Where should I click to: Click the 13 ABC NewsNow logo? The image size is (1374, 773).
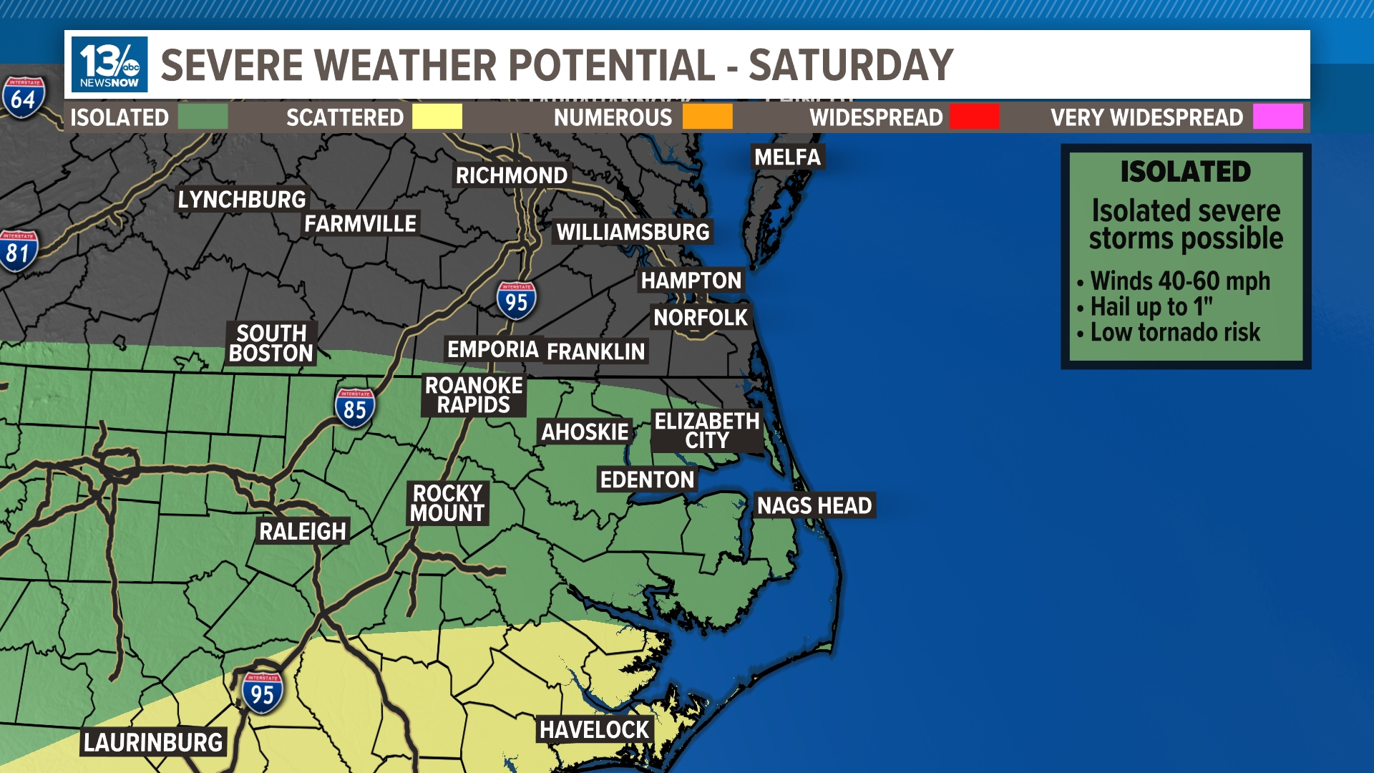point(109,64)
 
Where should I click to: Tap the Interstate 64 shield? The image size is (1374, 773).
point(24,97)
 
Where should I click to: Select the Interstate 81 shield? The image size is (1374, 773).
point(18,251)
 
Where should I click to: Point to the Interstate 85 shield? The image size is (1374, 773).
point(354,408)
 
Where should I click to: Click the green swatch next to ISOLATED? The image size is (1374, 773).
point(203,117)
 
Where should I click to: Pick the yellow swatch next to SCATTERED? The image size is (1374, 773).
point(437,117)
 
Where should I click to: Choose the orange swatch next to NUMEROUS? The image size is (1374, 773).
point(707,117)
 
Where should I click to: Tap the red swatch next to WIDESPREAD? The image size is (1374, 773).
point(974,117)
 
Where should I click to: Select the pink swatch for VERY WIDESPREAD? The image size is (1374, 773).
point(1277,117)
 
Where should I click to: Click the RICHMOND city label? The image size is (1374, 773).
point(511,175)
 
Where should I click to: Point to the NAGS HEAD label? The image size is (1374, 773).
point(814,505)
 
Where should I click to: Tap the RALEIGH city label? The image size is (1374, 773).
point(303,531)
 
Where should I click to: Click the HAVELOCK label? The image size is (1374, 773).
point(594,729)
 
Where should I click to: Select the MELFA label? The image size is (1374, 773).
point(787,157)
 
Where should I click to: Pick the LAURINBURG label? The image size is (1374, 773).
point(153,742)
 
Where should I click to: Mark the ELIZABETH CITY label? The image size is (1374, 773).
point(706,430)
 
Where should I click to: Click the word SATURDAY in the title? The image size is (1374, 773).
point(851,65)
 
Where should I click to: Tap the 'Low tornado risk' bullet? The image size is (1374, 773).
point(1174,332)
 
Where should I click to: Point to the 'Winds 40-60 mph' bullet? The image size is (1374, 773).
point(1179,281)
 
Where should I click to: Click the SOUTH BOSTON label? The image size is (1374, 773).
point(271,343)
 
